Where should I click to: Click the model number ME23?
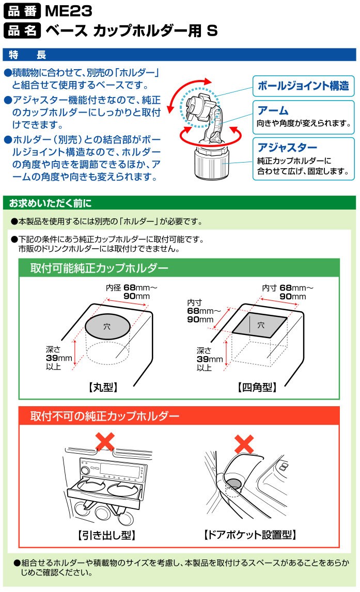pyautogui.click(x=68, y=11)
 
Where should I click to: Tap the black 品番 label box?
pyautogui.click(x=22, y=11)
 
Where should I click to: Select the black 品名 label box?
pyautogui.click(x=22, y=30)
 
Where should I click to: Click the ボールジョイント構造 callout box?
pyautogui.click(x=303, y=86)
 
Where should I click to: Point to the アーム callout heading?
pyautogui.click(x=273, y=110)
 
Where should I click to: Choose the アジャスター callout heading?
pyautogui.click(x=287, y=147)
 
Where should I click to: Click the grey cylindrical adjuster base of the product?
pyautogui.click(x=212, y=164)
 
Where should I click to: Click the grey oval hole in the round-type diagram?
pyautogui.click(x=107, y=327)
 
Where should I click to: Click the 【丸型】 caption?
pyautogui.click(x=103, y=387)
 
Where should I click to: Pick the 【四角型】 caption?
pyautogui.click(x=257, y=387)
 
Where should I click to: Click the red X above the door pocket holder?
pyautogui.click(x=244, y=444)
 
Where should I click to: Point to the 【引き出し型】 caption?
pyautogui.click(x=106, y=535)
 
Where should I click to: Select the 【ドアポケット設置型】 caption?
pyautogui.click(x=249, y=535)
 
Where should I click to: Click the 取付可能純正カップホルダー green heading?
pyautogui.click(x=99, y=268)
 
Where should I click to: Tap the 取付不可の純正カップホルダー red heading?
pyautogui.click(x=105, y=416)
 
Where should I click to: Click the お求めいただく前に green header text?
pyautogui.click(x=50, y=203)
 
